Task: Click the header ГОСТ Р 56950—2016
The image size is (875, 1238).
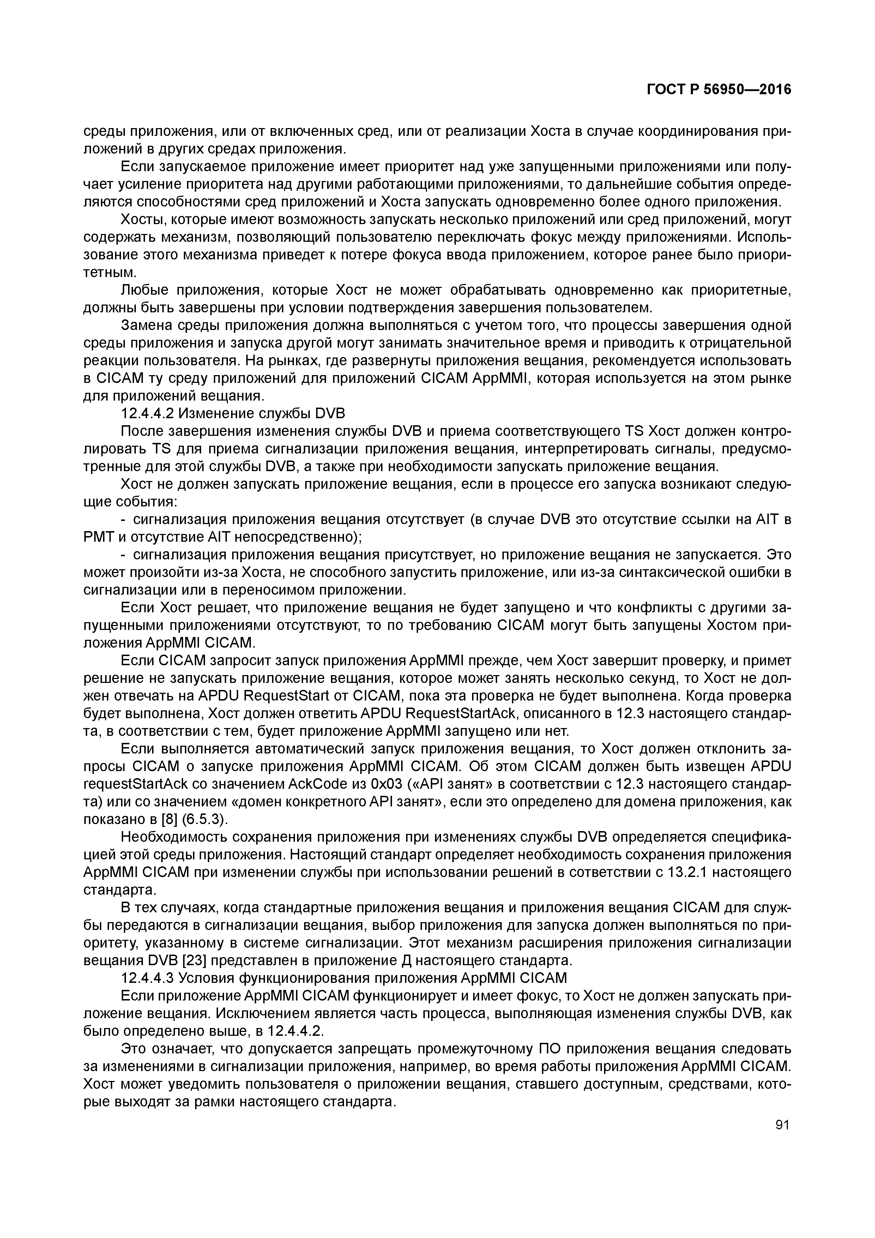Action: click(719, 90)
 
